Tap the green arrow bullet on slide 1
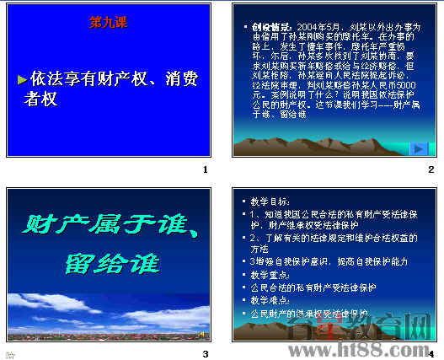tap(23, 79)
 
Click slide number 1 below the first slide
tap(205, 170)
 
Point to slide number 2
tap(431, 170)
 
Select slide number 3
tap(205, 353)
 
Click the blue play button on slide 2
tap(418, 149)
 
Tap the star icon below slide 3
tap(11, 354)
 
